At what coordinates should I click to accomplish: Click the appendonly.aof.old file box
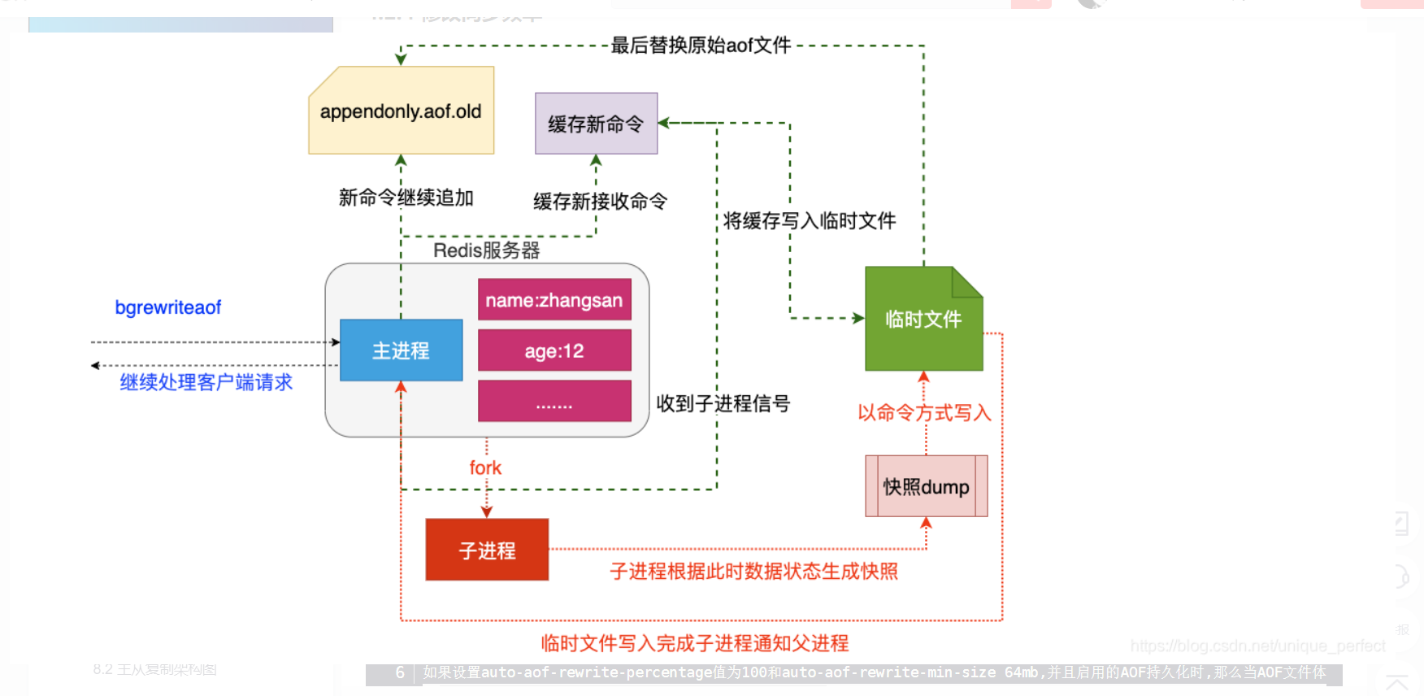pyautogui.click(x=401, y=111)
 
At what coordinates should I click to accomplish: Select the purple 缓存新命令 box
pyautogui.click(x=596, y=124)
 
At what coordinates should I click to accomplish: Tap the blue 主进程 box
pyautogui.click(x=401, y=350)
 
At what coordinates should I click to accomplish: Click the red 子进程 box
pyautogui.click(x=487, y=550)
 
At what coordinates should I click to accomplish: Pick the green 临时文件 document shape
pyautogui.click(x=923, y=320)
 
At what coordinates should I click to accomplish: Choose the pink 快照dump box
pyautogui.click(x=926, y=486)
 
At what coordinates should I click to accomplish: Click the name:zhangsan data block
pyautogui.click(x=554, y=300)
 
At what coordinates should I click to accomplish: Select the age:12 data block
pyautogui.click(x=554, y=350)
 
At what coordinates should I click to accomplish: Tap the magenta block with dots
pyautogui.click(x=554, y=402)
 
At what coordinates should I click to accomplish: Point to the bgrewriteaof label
pyautogui.click(x=167, y=307)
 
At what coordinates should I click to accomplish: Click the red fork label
pyautogui.click(x=485, y=468)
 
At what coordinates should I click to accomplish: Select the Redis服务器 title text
pyautogui.click(x=486, y=250)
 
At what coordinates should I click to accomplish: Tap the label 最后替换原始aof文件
pyautogui.click(x=701, y=46)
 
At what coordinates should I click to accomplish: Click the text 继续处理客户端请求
pyautogui.click(x=206, y=382)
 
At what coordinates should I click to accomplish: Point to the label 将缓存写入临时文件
pyautogui.click(x=810, y=220)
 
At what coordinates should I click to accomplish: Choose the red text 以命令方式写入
pyautogui.click(x=924, y=413)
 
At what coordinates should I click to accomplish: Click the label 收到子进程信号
pyautogui.click(x=723, y=403)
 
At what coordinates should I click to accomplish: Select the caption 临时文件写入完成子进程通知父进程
pyautogui.click(x=695, y=643)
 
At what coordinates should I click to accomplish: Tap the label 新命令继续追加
pyautogui.click(x=406, y=198)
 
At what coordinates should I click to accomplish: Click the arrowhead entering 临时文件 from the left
pyautogui.click(x=858, y=318)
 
